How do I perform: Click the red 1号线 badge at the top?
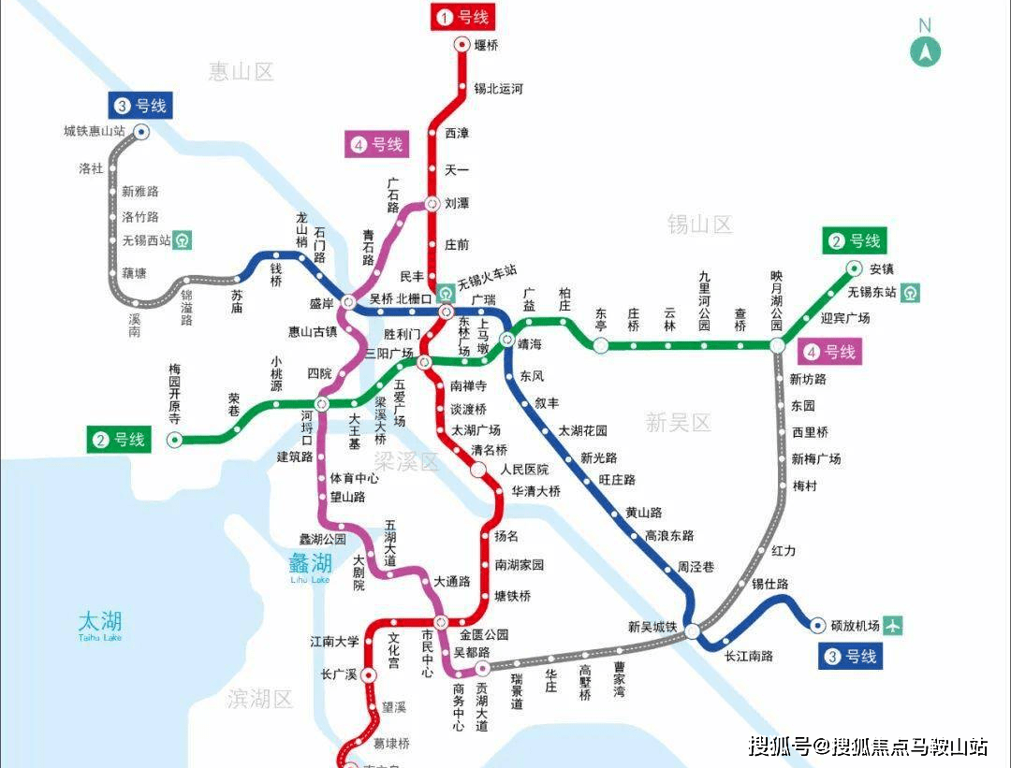point(461,17)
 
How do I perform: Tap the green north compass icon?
point(925,51)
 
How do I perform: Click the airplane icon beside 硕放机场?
point(893,626)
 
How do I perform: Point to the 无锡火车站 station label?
point(487,271)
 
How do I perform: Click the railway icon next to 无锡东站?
point(910,292)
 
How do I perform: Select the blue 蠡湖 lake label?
point(310,563)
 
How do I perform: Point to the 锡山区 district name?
point(699,225)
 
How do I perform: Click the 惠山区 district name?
point(241,71)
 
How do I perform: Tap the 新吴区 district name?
point(678,422)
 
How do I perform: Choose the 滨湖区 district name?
point(260,698)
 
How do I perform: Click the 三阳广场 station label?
point(389,353)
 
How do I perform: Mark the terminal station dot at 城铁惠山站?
point(141,132)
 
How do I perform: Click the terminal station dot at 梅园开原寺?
point(174,440)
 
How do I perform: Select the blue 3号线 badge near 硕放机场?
point(851,657)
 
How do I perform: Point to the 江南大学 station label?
point(335,642)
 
